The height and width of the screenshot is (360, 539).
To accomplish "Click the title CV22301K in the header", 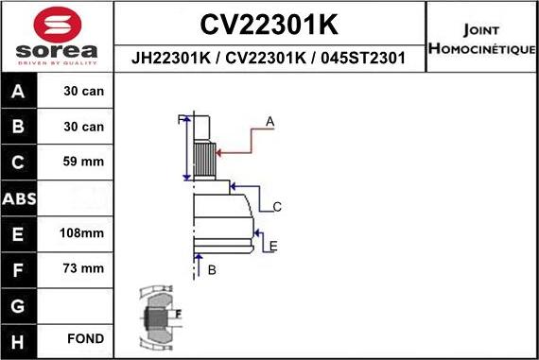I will tap(269, 23).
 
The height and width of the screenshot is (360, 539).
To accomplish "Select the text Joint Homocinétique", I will tap(481, 39).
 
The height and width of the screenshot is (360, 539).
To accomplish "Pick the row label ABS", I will tap(21, 199).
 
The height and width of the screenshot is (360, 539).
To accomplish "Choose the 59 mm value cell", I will tap(84, 163).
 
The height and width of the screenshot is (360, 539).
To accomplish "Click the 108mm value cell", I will tap(84, 233).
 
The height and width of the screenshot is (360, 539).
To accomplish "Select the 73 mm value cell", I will tap(84, 269).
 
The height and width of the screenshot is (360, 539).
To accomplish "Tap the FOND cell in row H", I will tap(84, 338).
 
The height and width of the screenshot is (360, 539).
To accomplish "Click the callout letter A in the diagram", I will tap(269, 122).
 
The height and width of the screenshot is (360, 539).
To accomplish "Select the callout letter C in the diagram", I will tap(277, 206).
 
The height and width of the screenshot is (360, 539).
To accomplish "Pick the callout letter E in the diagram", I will tap(272, 247).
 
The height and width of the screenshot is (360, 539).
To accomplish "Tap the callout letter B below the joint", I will tap(212, 270).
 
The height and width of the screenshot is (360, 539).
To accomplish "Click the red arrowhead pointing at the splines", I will tap(218, 150).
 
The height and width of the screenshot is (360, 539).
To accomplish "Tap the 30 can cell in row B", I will tap(84, 127).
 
